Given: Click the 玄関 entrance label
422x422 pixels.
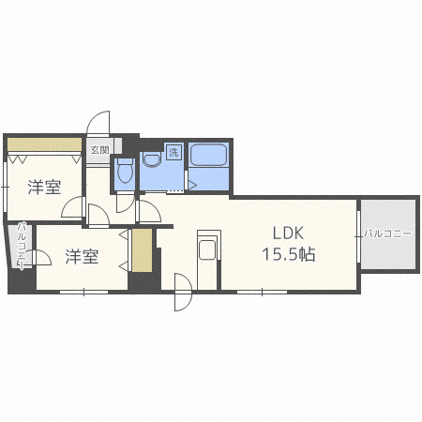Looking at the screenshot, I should coord(99,149).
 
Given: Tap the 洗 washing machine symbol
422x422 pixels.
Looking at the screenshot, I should coord(173,151).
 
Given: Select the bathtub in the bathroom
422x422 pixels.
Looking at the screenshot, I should coord(207,157).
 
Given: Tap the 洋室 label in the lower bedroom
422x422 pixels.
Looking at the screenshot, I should coord(82,256).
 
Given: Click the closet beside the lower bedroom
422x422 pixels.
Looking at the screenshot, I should coord(142,249).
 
